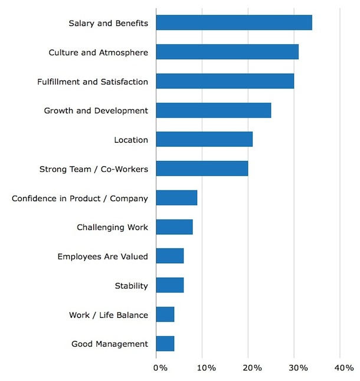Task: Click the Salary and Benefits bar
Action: point(234,23)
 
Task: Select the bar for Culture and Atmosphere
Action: point(227,52)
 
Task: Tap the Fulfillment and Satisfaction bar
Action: point(225,81)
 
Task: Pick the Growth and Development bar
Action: point(214,110)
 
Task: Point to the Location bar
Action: point(204,140)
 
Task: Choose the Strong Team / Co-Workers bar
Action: point(202,169)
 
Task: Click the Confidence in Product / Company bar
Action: point(176,198)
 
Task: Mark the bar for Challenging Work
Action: point(174,227)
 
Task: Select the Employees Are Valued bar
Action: point(170,256)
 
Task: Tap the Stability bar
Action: point(170,285)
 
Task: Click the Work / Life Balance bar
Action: point(165,314)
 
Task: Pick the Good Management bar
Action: point(165,344)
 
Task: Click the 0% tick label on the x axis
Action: point(159,368)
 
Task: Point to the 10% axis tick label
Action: point(206,368)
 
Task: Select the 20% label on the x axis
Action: point(252,368)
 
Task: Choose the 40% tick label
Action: point(343,368)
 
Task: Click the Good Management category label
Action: point(110,344)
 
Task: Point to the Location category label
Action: point(131,140)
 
